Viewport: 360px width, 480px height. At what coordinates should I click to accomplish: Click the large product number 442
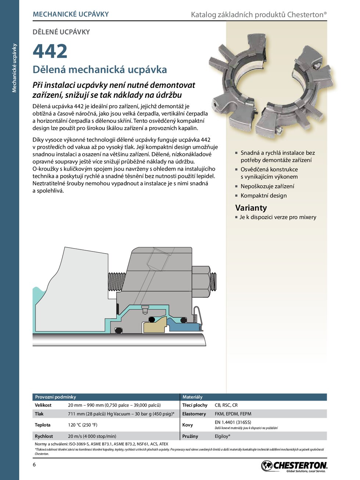click(50, 51)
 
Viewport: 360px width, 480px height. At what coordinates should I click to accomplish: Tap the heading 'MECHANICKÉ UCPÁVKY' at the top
click(71, 14)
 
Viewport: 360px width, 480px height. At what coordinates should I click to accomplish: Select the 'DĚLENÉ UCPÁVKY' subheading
click(61, 32)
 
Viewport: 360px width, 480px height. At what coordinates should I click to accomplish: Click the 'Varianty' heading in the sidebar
click(251, 208)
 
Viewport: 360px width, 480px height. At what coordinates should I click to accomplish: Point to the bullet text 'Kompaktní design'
click(263, 196)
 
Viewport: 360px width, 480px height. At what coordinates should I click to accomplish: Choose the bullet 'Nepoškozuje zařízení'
click(267, 186)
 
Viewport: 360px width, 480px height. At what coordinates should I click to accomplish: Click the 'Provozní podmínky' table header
click(55, 397)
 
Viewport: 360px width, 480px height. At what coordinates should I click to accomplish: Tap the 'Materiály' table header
click(192, 397)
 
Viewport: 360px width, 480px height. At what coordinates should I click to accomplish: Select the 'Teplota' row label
click(43, 425)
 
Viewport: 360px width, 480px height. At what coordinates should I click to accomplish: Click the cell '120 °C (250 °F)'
click(83, 425)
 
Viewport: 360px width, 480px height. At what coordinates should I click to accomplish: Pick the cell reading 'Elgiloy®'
click(223, 436)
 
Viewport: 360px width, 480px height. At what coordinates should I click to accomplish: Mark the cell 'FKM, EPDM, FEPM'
click(233, 414)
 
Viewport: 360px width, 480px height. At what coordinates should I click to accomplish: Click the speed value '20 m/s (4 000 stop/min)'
click(92, 436)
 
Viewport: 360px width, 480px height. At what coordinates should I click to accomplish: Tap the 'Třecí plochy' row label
click(195, 405)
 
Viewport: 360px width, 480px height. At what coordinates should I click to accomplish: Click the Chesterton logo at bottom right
click(294, 466)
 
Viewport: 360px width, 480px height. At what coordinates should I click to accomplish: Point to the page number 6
click(35, 465)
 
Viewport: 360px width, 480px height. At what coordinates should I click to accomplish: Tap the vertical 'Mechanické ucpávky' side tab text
click(14, 68)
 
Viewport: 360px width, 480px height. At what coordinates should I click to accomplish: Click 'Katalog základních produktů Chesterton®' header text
click(259, 15)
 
